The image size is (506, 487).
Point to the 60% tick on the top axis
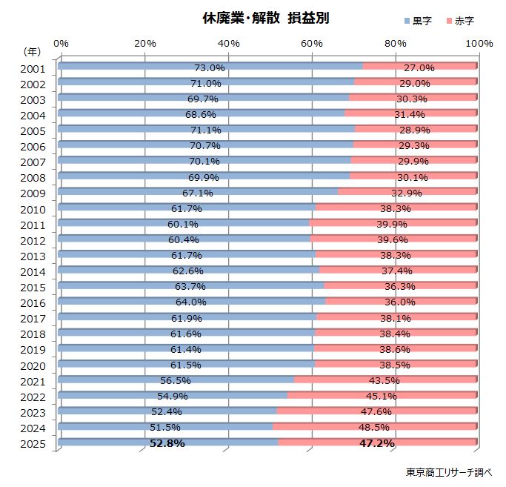click(x=313, y=43)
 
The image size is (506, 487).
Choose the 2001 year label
click(x=34, y=69)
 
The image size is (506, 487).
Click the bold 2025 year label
click(x=34, y=444)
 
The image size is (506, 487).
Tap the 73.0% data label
click(x=209, y=68)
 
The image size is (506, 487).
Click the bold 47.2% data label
click(x=376, y=443)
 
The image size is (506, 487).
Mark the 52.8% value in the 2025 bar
click(x=166, y=443)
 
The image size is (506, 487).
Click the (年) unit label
click(x=32, y=52)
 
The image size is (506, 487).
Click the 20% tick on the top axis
click(x=145, y=43)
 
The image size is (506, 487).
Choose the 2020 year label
click(x=34, y=365)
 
